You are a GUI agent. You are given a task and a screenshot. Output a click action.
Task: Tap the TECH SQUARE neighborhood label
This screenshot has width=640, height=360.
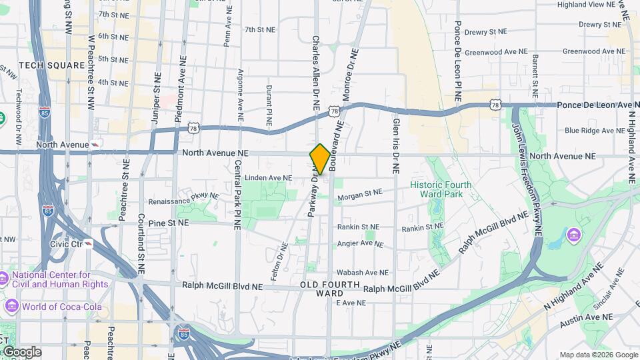pos(46,65)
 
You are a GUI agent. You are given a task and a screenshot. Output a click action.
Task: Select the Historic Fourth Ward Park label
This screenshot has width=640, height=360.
pos(441,189)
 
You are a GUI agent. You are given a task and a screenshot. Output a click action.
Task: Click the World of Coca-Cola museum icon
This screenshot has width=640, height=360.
pos(11,307)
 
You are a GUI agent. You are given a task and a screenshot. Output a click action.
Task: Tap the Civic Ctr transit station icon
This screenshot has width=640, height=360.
pos(89,243)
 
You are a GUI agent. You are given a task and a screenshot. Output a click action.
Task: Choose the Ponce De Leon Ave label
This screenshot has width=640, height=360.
pos(598,105)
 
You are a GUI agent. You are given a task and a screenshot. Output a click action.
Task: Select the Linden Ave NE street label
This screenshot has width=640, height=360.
pos(269,178)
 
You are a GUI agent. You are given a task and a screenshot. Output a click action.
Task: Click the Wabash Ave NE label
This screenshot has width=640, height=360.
pos(362,273)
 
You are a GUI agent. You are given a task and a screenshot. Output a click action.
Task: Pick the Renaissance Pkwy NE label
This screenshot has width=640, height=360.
pos(183,199)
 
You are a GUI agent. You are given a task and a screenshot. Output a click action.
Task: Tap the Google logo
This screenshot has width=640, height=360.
pos(21,352)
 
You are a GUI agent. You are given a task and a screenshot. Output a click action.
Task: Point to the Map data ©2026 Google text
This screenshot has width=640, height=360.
pos(598,355)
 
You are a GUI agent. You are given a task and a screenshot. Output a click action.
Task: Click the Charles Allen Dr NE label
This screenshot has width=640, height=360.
pos(315,73)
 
